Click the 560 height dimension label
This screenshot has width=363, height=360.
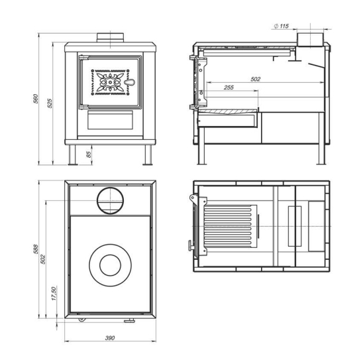point(36,99)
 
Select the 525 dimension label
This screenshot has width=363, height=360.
point(50,103)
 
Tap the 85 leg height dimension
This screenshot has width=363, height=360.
point(89,154)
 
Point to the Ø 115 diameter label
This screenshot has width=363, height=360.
point(282,26)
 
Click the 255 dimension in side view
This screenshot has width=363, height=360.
point(229,88)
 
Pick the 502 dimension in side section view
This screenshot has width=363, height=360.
point(255,80)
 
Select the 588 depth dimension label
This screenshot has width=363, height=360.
point(36,249)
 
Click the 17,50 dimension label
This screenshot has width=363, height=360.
point(54,294)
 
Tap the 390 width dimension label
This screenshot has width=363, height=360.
point(110,338)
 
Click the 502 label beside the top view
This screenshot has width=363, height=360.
point(43,259)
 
